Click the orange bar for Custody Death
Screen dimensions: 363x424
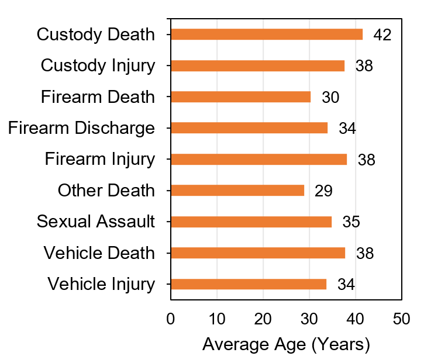coord(267,34)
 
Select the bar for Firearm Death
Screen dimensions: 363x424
coord(240,97)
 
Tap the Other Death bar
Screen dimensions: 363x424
coord(237,191)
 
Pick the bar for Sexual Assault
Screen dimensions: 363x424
coord(251,222)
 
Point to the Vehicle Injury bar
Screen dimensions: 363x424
coord(249,284)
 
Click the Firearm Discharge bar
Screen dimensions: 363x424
coord(249,128)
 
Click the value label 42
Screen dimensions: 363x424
coord(382,35)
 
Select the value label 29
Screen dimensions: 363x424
coord(323,191)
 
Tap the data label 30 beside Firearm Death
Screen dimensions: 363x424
coord(330,98)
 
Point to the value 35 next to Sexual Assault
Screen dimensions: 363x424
coord(351,222)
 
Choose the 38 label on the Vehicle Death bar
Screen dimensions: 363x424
coord(364,253)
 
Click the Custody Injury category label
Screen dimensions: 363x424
coord(98,65)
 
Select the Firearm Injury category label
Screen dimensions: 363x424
coord(100,159)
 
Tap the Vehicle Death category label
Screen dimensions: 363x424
coord(99,253)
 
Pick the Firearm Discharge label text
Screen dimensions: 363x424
coord(81,128)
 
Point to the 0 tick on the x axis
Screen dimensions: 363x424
coord(170,319)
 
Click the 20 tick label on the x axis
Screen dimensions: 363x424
coord(263,319)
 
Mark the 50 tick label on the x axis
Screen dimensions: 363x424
coord(401,319)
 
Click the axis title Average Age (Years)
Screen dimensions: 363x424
coord(286,345)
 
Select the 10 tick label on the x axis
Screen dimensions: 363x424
coord(216,319)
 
